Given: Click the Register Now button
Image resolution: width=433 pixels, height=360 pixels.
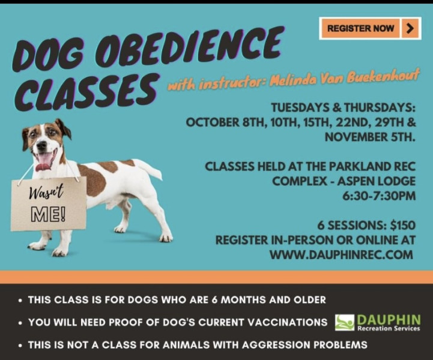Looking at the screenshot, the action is pos(370,28).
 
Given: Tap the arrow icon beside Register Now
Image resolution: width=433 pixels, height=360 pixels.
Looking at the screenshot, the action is pos(410,28).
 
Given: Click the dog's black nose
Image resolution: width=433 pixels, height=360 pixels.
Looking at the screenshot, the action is pos(42,145).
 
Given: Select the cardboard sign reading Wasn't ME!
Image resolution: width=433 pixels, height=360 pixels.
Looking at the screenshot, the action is pos(49,204).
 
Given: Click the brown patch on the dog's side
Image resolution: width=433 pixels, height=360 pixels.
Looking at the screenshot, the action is pos(93,180).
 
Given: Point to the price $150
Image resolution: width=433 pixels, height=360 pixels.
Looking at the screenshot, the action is pos(402,226).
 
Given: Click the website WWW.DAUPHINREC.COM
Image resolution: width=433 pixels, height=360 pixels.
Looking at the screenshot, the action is pos(341,254).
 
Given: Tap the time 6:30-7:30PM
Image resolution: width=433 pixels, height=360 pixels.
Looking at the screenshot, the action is pos(379,196).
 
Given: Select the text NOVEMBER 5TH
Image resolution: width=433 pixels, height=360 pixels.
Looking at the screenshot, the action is pos(370,137).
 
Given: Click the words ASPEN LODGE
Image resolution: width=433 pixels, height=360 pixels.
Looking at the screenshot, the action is pos(377,181).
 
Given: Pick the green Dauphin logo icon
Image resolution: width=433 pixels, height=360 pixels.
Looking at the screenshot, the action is pos(345,322).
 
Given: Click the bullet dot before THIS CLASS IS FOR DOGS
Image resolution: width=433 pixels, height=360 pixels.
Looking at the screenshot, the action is pos(20,301).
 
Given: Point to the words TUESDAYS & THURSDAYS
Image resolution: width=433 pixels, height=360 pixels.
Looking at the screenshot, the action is pos(344,107).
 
